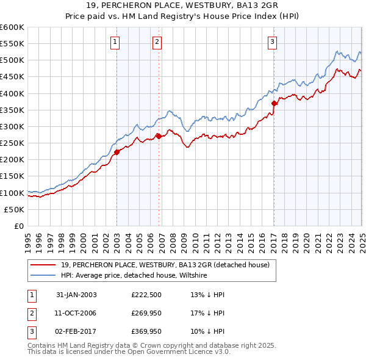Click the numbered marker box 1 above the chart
pos(115,42)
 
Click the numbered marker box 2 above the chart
pos(157,42)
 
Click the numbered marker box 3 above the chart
pos(272,42)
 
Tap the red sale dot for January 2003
pos(117,153)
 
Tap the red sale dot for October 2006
pos(159,137)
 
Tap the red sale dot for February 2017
pos(274,104)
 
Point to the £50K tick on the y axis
pos(15,209)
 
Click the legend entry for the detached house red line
pos(169,265)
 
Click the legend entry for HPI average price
pos(134,275)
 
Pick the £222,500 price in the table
pos(146,295)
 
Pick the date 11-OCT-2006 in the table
pos(76,313)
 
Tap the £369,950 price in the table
pos(146,331)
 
